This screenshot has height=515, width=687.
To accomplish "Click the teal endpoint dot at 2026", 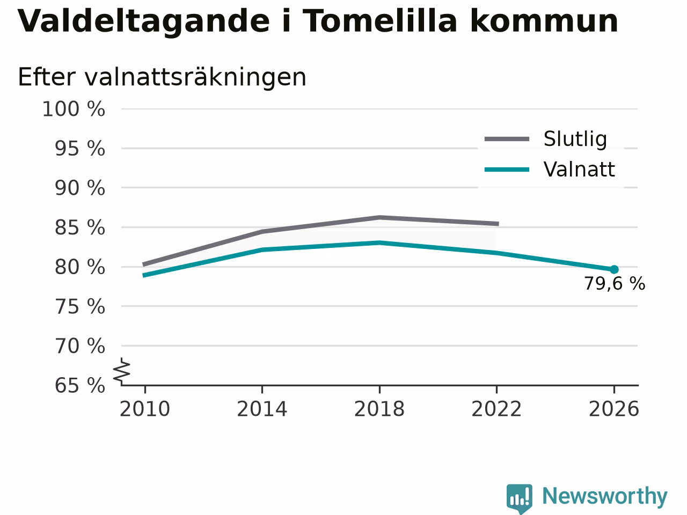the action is click(x=614, y=269).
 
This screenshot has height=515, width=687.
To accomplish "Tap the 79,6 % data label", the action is click(x=615, y=284).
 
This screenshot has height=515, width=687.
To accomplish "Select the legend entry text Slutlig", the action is click(x=575, y=139).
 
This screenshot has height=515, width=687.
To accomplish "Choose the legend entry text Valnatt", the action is click(x=579, y=170).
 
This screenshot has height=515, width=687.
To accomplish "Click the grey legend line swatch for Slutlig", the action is click(x=507, y=139).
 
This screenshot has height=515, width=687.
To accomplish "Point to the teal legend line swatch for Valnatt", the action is click(x=507, y=170).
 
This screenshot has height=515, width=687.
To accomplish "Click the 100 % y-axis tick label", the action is click(x=74, y=109).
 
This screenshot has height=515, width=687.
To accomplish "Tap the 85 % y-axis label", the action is click(x=80, y=227).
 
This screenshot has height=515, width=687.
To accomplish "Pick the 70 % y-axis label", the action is click(x=80, y=346).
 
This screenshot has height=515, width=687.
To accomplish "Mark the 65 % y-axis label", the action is click(x=80, y=385).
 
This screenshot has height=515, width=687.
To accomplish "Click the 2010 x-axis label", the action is click(x=144, y=409).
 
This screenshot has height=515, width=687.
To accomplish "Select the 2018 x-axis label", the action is click(x=379, y=409).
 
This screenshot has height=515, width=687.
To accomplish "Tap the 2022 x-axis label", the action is click(x=496, y=409).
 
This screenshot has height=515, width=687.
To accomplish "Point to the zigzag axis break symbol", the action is click(x=121, y=371).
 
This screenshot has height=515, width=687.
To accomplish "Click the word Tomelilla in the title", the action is click(x=379, y=21).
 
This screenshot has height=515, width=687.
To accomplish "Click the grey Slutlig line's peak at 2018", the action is click(x=379, y=217).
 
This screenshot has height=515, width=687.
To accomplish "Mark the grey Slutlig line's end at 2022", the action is click(x=498, y=224).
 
